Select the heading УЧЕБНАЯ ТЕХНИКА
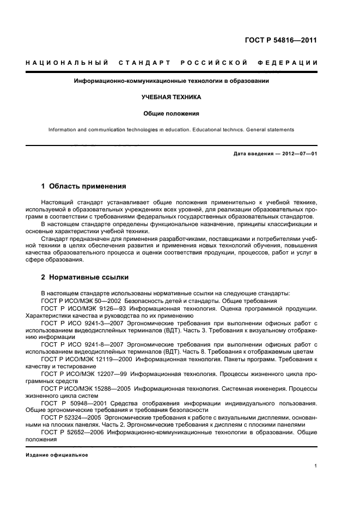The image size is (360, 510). tap(172, 98)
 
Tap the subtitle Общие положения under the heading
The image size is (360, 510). tap(172, 114)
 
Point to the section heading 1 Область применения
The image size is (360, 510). tap(84, 186)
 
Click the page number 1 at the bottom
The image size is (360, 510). tap(316, 466)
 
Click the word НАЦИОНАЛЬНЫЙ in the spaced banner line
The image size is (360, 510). tap(67, 64)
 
